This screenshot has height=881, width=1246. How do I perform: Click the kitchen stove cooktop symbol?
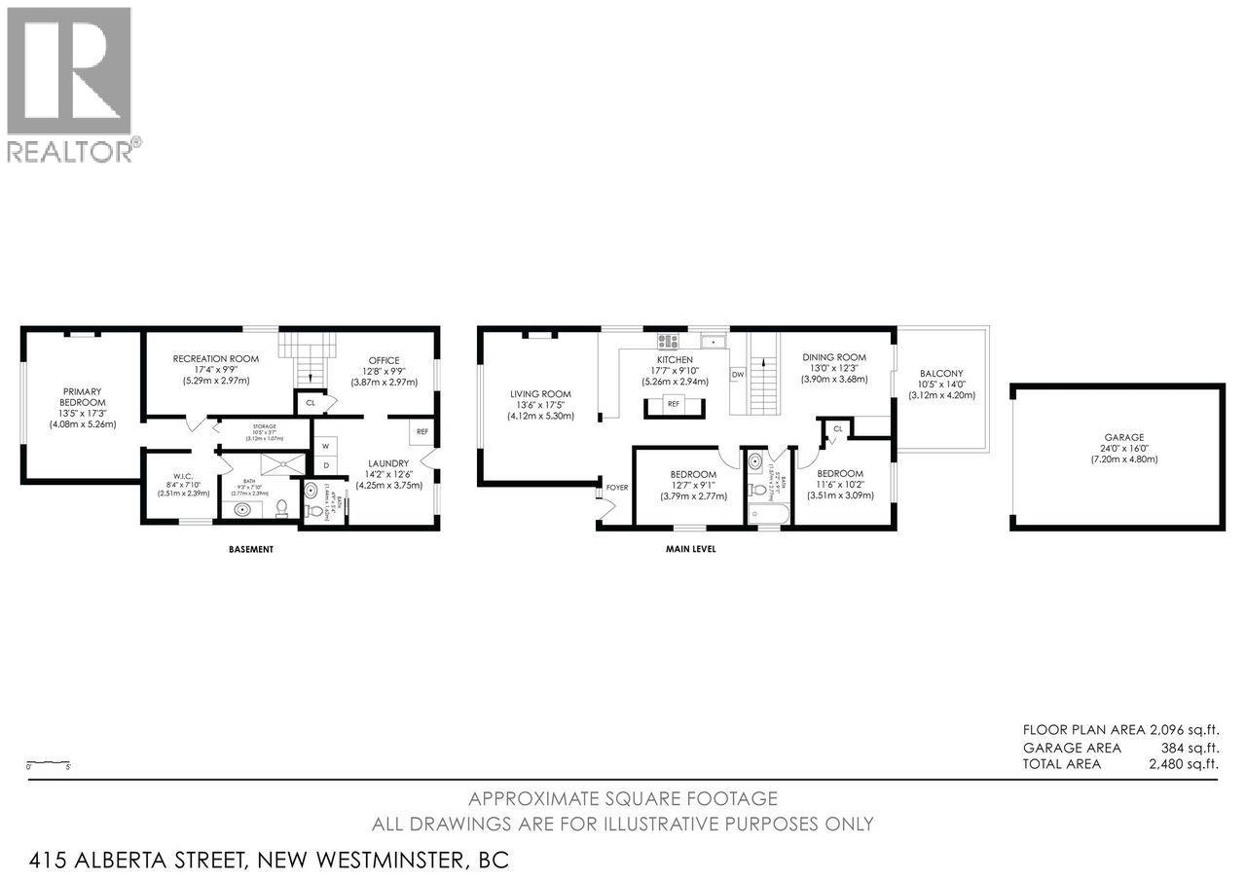[x=668, y=341]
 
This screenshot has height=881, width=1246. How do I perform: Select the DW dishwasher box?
[x=738, y=374]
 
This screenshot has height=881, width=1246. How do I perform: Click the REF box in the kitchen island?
[x=674, y=403]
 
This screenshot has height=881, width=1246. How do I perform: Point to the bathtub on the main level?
[x=769, y=513]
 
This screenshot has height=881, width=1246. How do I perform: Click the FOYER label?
[x=617, y=488]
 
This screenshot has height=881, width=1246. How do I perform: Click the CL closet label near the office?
[x=311, y=401]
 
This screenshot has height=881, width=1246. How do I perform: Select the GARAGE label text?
[x=1117, y=437]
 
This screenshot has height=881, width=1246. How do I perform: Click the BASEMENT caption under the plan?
[x=250, y=549]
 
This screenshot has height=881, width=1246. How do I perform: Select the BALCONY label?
[x=940, y=373]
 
